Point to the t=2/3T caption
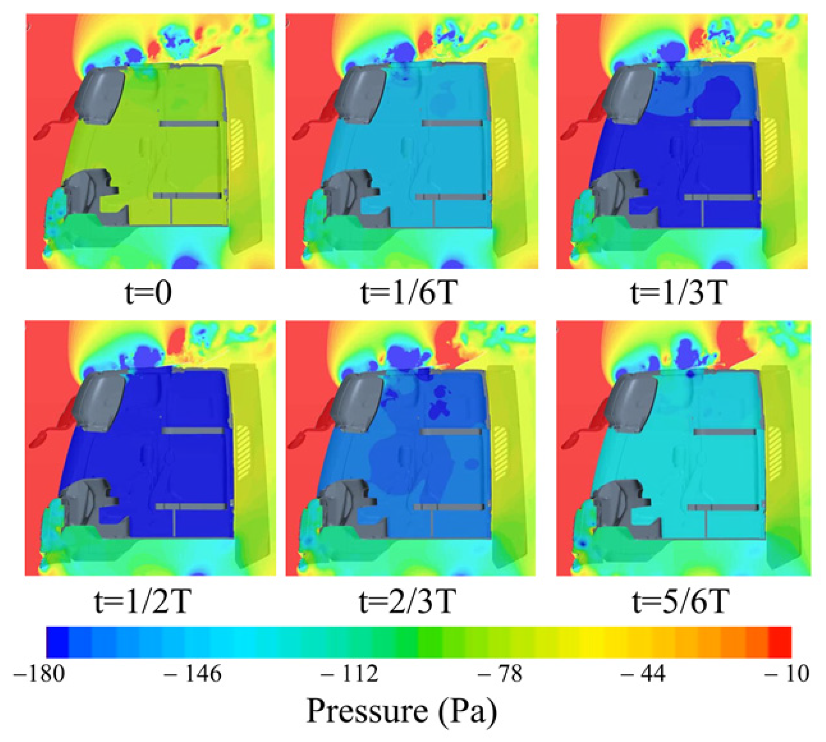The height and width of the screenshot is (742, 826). [406, 602]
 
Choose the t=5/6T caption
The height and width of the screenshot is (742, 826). [679, 602]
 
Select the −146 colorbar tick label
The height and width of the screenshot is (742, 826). [192, 674]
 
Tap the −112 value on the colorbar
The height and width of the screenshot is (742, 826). [349, 674]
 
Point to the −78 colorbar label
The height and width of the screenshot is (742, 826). [500, 674]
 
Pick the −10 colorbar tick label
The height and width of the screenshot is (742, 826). [787, 674]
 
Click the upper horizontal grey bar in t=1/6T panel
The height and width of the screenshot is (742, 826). [452, 123]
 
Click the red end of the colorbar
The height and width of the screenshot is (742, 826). [780, 643]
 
